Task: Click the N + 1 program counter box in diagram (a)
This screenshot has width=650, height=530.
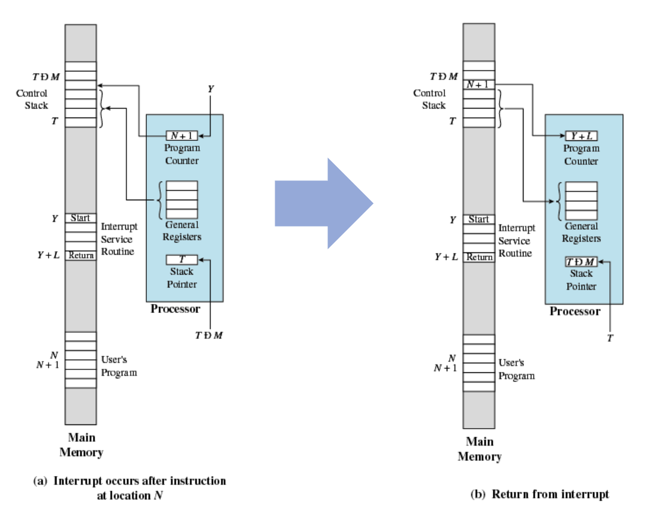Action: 182,135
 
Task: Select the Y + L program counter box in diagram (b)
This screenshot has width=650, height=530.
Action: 581,136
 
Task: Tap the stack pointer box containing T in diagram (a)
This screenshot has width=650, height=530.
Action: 182,260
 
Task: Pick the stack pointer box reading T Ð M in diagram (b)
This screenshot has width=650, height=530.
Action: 581,262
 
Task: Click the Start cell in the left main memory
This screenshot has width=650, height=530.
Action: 80,218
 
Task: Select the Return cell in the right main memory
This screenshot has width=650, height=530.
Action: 479,257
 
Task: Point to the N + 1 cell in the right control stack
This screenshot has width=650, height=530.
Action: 479,85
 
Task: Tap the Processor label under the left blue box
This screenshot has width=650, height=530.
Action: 175,309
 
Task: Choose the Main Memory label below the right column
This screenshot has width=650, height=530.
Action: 480,449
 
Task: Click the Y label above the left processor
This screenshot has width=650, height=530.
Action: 210,89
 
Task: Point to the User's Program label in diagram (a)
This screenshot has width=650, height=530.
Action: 119,366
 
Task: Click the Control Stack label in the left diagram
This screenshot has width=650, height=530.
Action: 32,100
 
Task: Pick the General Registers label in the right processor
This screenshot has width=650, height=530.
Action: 581,232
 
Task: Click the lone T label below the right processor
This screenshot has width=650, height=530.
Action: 610,339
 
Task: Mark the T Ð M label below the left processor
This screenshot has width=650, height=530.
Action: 209,335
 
